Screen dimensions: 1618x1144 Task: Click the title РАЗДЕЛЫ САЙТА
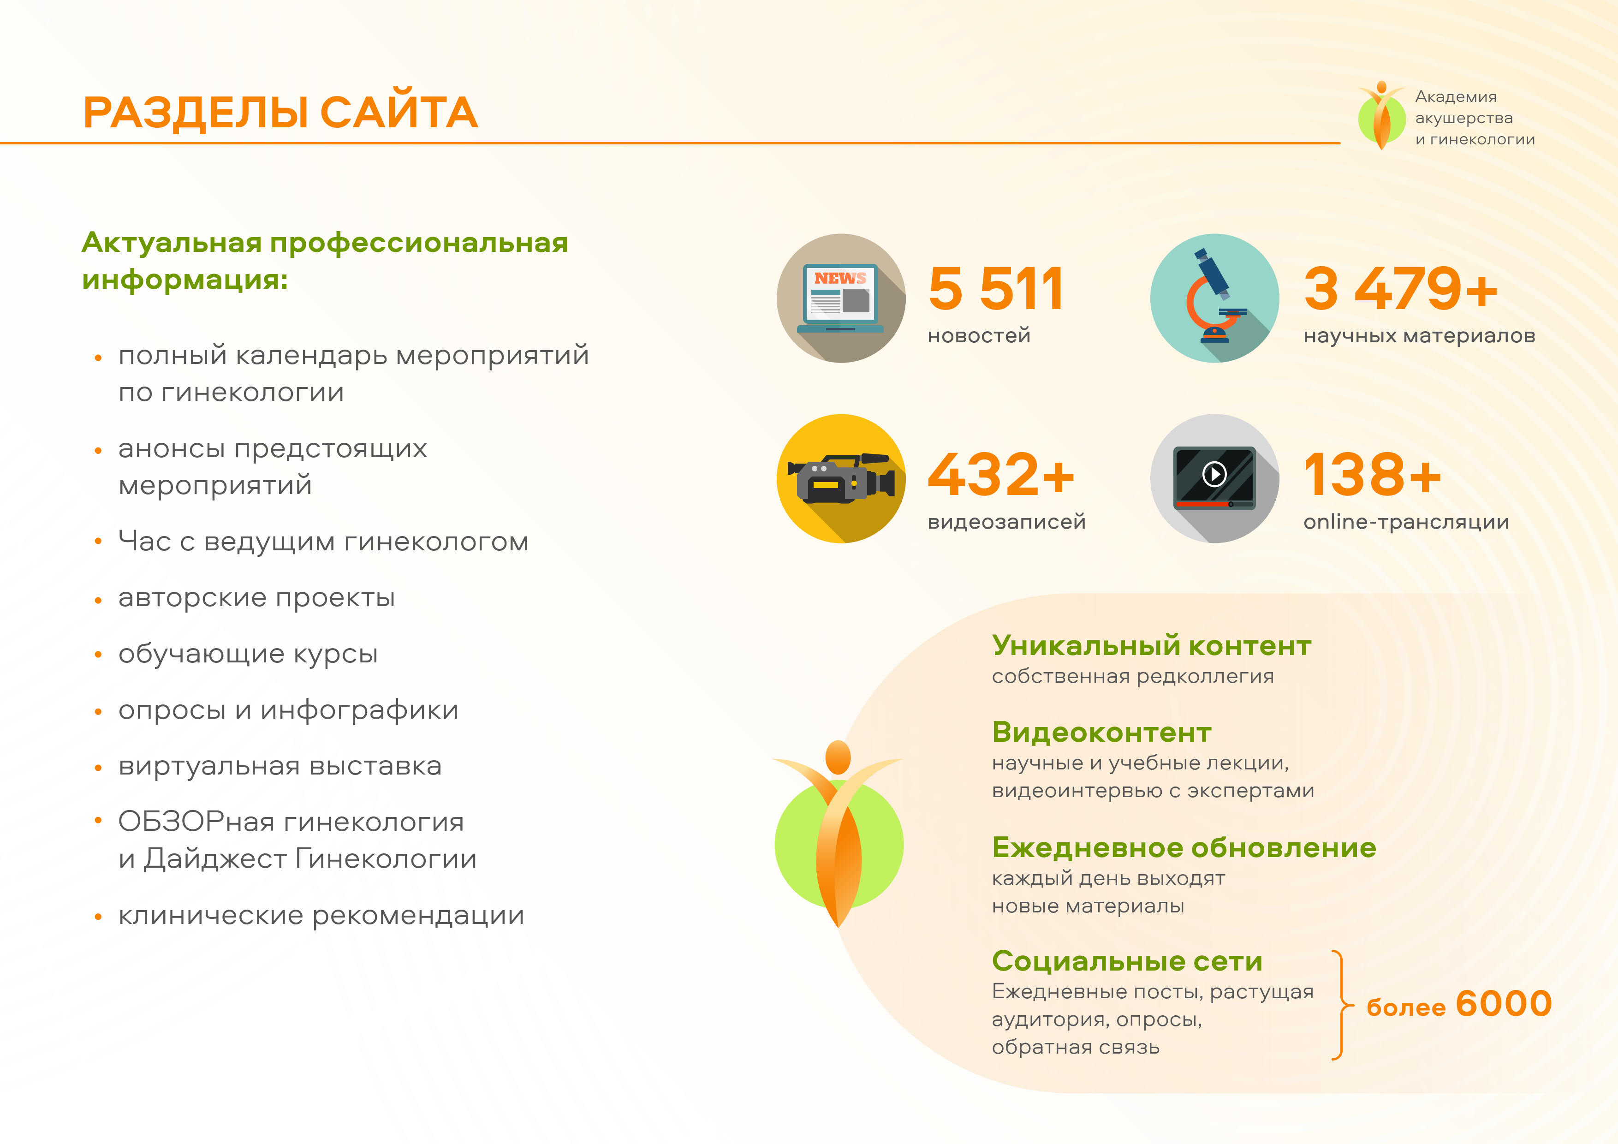click(280, 113)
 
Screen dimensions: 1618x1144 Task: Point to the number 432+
click(1001, 474)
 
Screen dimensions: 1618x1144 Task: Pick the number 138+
click(1372, 474)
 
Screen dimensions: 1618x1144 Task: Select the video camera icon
click(841, 479)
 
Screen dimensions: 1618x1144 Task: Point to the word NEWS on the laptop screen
click(840, 279)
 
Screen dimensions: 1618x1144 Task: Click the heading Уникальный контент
click(1152, 646)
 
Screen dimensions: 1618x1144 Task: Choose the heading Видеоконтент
click(1101, 733)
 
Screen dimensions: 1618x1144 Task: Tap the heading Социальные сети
click(1127, 961)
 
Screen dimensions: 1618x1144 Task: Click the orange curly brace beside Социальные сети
click(1342, 1005)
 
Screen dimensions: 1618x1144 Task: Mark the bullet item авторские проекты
click(256, 598)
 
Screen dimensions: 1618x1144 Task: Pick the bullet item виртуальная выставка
click(280, 766)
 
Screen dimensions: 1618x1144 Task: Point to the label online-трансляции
click(1406, 522)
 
